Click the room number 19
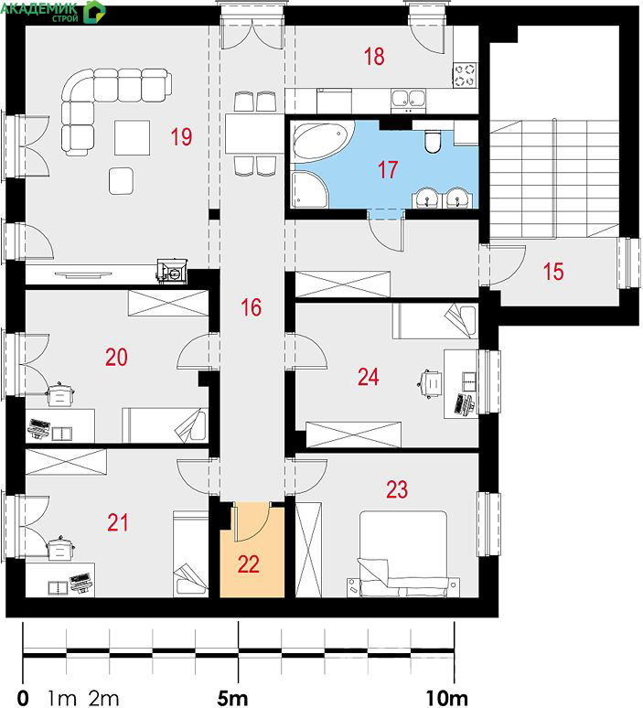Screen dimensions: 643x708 [x=181, y=136]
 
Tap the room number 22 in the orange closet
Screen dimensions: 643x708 [x=248, y=564]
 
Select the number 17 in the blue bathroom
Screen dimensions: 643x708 [x=388, y=170]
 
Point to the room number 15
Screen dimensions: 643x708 [x=553, y=272]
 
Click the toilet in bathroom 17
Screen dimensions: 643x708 [x=432, y=141]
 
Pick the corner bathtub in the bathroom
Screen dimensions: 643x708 [x=321, y=142]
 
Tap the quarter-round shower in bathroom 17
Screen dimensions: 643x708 [x=310, y=189]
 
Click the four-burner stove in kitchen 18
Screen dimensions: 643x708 [x=465, y=75]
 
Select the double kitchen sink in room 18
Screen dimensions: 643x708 [x=408, y=100]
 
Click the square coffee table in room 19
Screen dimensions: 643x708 [x=133, y=138]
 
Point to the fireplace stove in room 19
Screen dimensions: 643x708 [x=172, y=271]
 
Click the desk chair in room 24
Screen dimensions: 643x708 [x=429, y=384]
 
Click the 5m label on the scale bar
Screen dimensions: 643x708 [x=232, y=698]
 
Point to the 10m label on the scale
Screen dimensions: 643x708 [x=447, y=698]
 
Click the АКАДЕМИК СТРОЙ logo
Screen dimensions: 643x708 [x=53, y=11]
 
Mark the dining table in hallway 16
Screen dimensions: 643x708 [x=254, y=134]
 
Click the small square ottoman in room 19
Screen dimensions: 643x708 [x=121, y=180]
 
